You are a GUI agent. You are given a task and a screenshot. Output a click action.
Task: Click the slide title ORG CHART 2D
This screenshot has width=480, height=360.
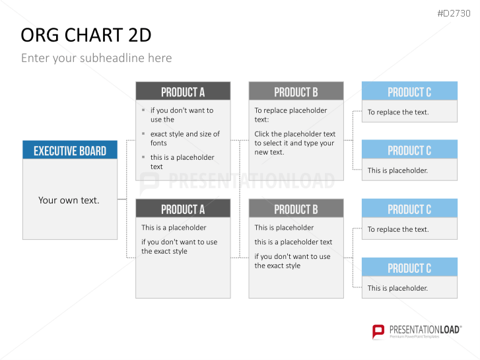pyautogui.click(x=86, y=35)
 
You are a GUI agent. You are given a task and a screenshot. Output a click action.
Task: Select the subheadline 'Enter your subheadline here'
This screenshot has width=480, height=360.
pyautogui.click(x=96, y=58)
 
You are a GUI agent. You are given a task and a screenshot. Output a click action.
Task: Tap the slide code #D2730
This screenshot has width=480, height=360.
pyautogui.click(x=454, y=13)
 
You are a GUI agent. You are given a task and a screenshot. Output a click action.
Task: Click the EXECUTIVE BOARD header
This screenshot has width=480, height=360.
pyautogui.click(x=70, y=150)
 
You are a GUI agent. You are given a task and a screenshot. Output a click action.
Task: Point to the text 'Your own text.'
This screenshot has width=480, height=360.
pyautogui.click(x=69, y=200)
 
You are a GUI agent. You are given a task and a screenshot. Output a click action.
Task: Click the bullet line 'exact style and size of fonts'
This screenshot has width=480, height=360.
pyautogui.click(x=185, y=139)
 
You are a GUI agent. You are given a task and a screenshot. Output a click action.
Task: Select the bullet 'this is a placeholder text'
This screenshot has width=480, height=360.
pyautogui.click(x=182, y=162)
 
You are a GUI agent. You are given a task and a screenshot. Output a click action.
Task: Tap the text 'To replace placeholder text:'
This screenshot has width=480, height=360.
pyautogui.click(x=291, y=115)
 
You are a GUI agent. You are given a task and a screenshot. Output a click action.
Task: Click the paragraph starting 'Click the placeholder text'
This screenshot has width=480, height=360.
pyautogui.click(x=294, y=143)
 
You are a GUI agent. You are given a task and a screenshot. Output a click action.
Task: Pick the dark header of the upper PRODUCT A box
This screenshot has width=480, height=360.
pyautogui.click(x=183, y=91)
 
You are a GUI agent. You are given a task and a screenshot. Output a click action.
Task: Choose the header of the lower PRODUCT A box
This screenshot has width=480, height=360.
pyautogui.click(x=183, y=208)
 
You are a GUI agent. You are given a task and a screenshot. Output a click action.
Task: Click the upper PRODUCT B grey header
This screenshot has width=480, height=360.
pyautogui.click(x=296, y=91)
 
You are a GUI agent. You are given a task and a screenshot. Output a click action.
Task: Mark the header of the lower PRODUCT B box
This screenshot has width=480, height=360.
pyautogui.click(x=296, y=208)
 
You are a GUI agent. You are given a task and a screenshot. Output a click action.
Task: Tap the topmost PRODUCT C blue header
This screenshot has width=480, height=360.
pyautogui.click(x=409, y=91)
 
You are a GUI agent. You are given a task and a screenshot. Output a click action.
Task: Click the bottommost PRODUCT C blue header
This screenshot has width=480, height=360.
pyautogui.click(x=409, y=267)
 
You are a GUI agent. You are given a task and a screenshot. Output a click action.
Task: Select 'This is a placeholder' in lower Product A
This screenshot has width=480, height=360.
pyautogui.click(x=174, y=228)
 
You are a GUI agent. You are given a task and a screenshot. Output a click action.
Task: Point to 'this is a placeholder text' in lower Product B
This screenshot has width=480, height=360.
pyautogui.click(x=293, y=242)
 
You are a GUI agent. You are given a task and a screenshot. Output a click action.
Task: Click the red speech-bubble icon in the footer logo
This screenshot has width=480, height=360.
pyautogui.click(x=378, y=332)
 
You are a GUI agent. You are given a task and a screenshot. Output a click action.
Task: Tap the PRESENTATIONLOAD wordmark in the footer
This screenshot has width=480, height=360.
pyautogui.click(x=425, y=330)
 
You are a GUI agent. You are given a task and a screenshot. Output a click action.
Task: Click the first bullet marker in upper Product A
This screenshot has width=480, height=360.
pyautogui.click(x=143, y=110)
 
